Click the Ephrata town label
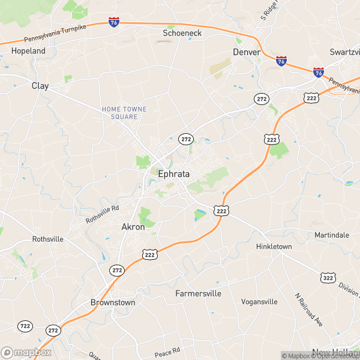point(174,174)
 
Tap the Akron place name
point(133,227)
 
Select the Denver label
point(247,52)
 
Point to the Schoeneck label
point(182,34)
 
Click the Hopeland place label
point(28,51)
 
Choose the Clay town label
point(40,86)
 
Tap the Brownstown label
point(112,302)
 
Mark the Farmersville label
point(198,293)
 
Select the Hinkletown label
point(274,247)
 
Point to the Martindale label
point(332,235)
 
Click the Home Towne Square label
point(124,112)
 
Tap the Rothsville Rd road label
point(103,214)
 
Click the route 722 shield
point(25,325)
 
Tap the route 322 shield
point(328,278)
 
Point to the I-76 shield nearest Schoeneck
point(114,22)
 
